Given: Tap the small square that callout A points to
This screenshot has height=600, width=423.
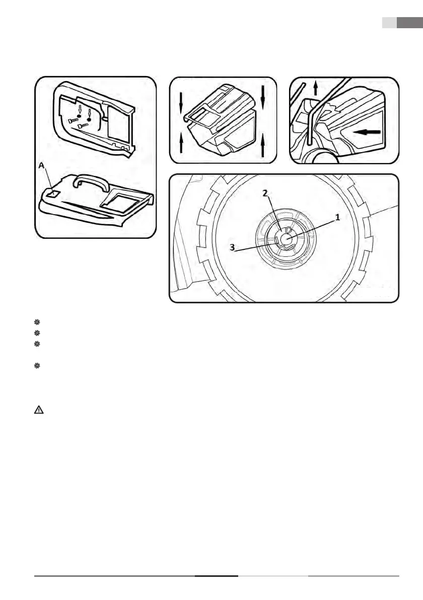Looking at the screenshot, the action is click(54, 192).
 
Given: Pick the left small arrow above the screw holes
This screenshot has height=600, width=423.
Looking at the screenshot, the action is click(80, 109).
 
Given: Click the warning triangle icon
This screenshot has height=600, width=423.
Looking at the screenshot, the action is click(38, 410).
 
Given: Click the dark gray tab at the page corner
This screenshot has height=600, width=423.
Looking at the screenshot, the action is click(409, 23).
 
